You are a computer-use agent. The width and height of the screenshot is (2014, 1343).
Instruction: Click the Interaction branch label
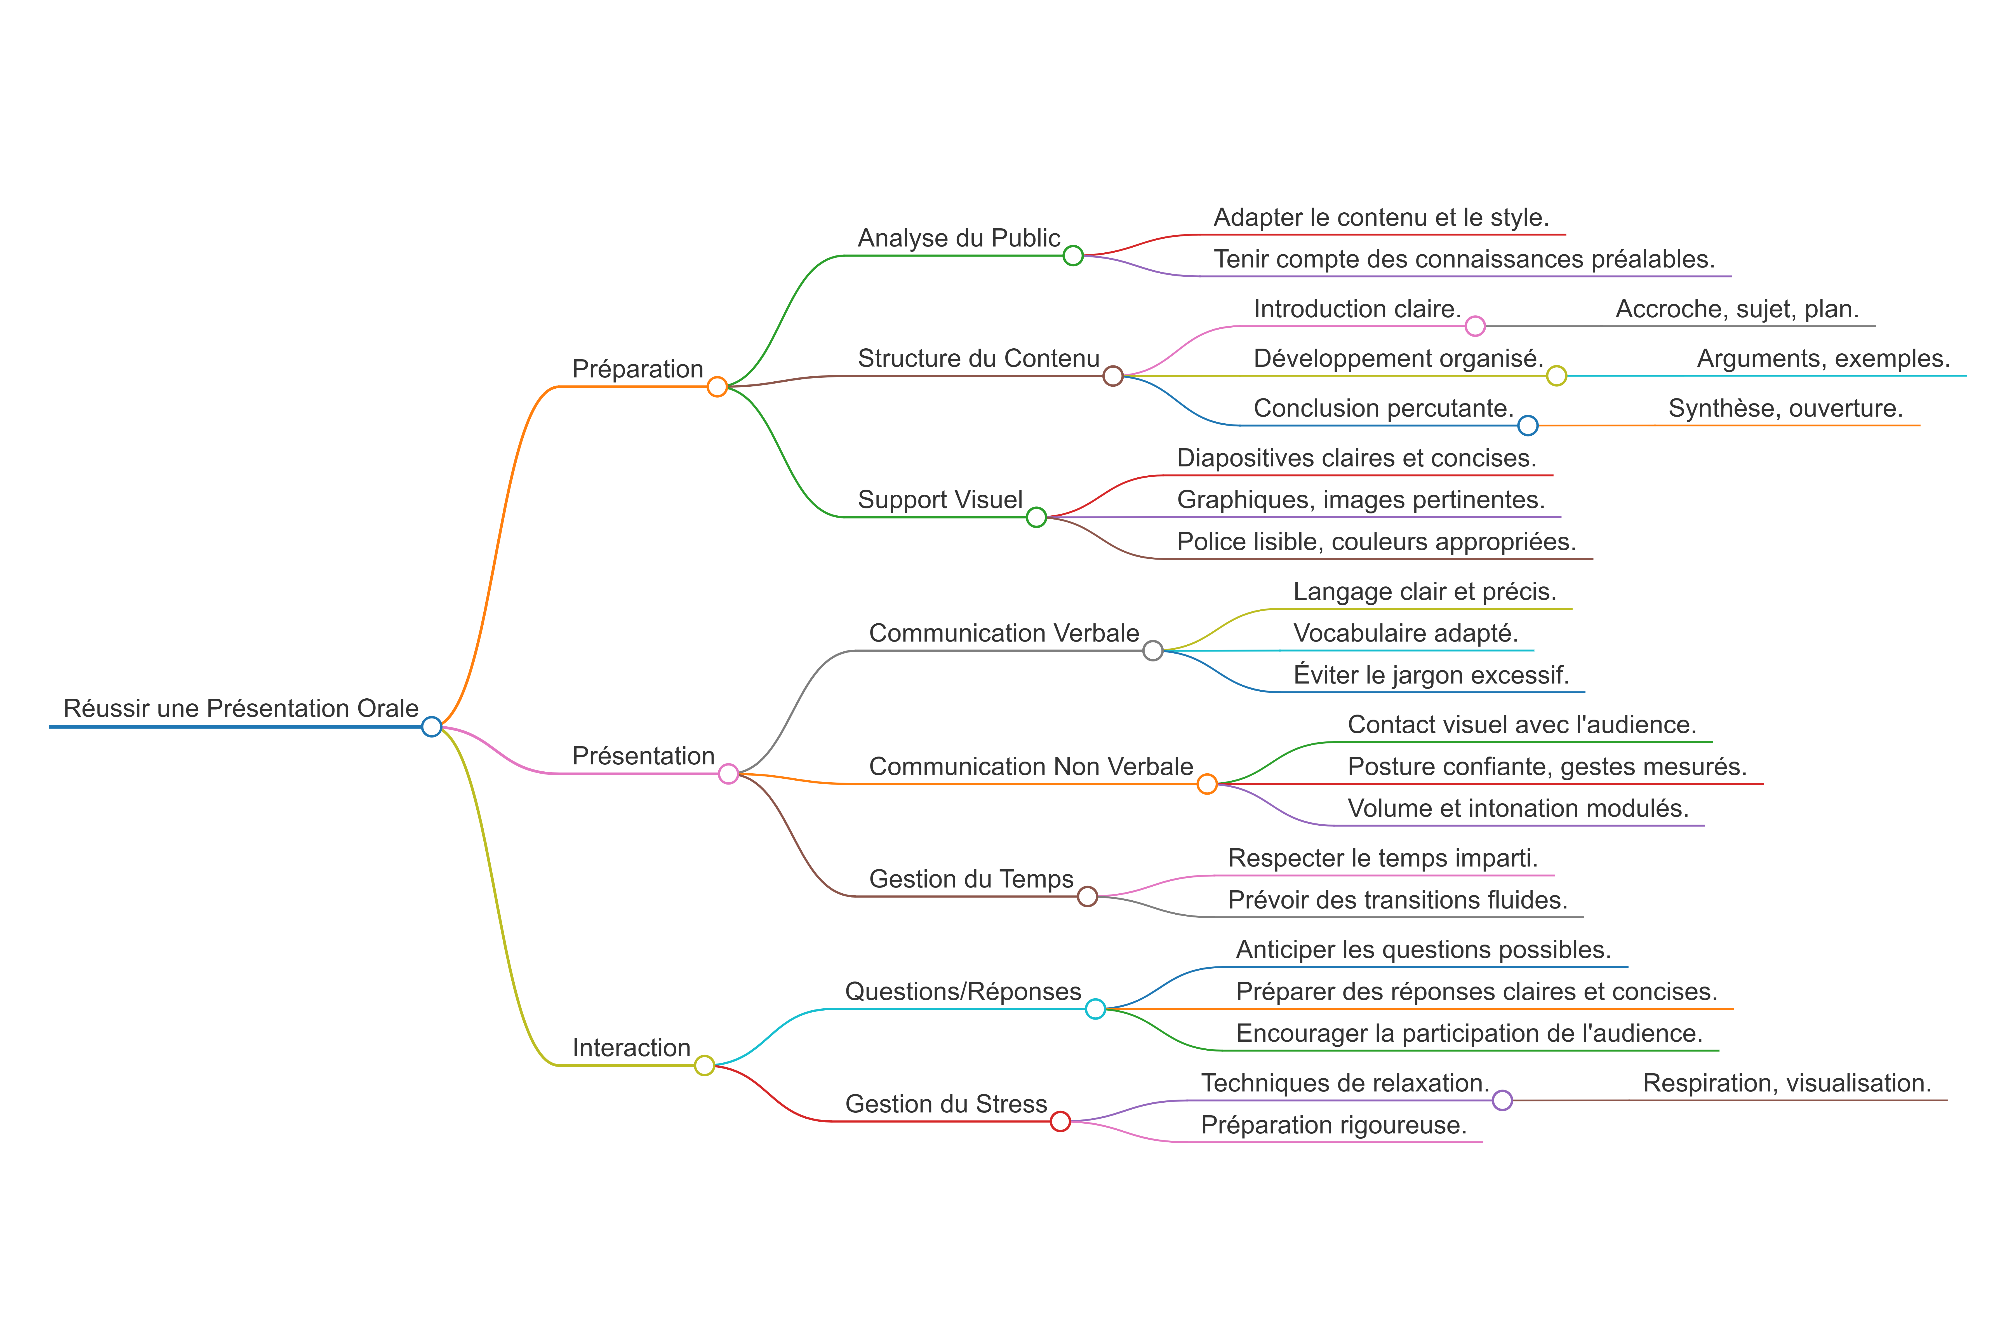click(x=631, y=1048)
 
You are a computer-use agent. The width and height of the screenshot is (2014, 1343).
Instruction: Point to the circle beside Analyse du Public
click(x=1073, y=255)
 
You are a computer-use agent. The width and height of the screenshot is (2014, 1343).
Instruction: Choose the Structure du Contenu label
click(x=979, y=358)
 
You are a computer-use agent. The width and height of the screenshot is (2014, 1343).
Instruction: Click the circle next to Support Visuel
click(x=1036, y=517)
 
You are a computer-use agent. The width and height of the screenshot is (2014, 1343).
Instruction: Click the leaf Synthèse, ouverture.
click(x=1785, y=408)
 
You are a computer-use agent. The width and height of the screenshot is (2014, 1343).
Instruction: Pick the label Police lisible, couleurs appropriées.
click(x=1376, y=542)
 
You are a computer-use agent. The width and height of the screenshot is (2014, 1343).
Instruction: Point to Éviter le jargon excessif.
click(x=1431, y=675)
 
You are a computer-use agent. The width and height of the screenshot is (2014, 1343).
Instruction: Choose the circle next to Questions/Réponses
click(x=1095, y=1009)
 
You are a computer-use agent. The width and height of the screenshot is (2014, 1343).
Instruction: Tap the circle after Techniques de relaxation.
click(x=1502, y=1101)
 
